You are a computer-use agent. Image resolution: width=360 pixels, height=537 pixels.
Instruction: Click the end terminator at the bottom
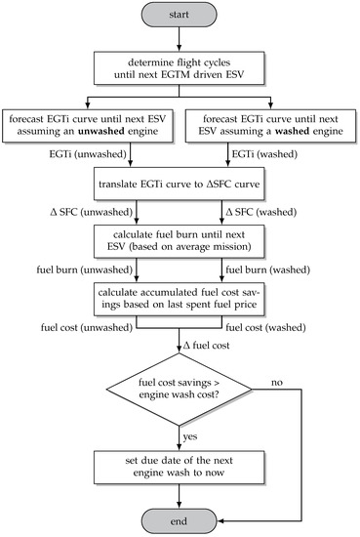coord(180,516)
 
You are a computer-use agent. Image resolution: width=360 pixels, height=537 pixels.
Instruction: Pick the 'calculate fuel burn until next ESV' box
coord(180,239)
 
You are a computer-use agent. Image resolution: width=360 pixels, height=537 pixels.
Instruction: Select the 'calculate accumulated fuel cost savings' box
coord(180,296)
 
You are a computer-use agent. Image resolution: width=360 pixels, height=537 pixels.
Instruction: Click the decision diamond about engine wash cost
coord(180,384)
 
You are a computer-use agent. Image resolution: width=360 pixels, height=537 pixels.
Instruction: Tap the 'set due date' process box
coord(180,464)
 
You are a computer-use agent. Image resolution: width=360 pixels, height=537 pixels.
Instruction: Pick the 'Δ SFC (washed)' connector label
coord(255,211)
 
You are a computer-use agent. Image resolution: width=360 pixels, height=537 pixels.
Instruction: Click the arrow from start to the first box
coord(180,39)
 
